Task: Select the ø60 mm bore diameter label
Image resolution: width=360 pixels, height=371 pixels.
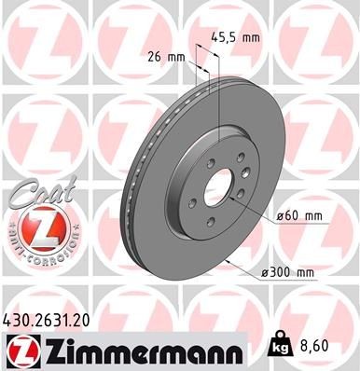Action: [298, 216]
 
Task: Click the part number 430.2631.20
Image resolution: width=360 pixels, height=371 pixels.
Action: [52, 320]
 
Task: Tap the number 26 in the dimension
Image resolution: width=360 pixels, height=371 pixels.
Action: [155, 56]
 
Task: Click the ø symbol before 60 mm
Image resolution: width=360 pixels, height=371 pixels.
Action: [279, 216]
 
